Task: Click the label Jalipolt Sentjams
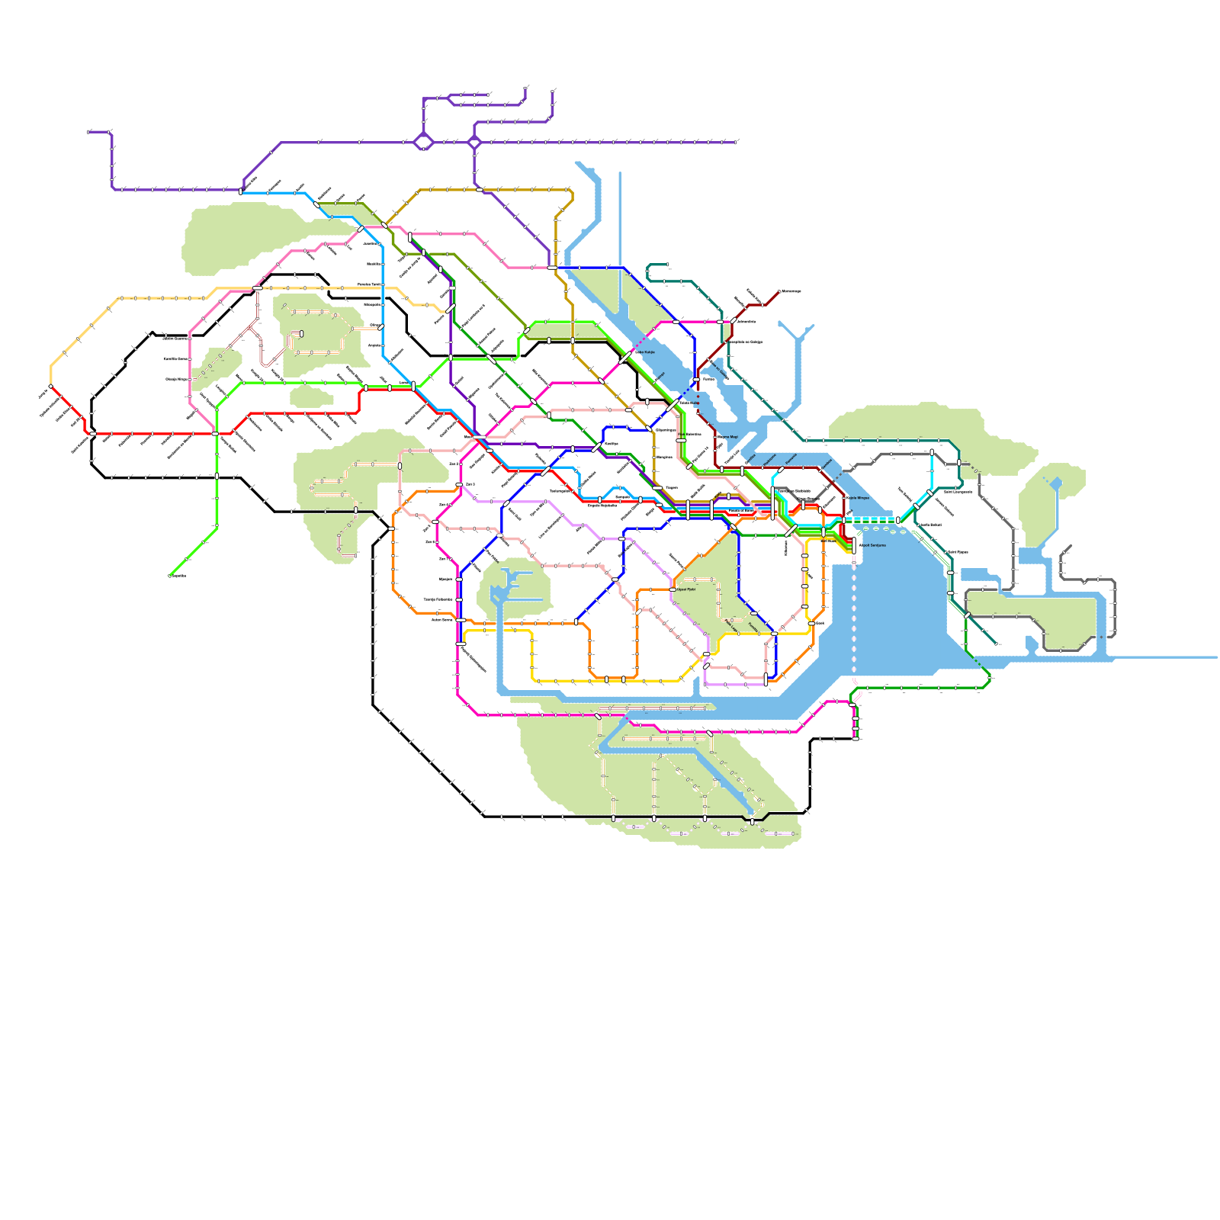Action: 872,545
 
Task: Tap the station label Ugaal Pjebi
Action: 685,589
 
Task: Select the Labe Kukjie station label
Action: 644,352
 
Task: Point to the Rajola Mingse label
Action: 857,498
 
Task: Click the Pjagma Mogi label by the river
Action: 727,437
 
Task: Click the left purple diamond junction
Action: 423,142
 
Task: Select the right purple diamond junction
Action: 474,142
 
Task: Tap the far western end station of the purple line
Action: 89,131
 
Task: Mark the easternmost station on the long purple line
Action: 736,142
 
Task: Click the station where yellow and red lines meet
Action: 51,387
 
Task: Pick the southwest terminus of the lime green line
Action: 169,576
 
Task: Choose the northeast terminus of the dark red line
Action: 779,291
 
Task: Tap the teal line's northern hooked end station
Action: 668,266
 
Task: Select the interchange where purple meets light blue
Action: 241,191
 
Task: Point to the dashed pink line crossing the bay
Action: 854,618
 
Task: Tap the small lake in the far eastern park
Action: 1056,483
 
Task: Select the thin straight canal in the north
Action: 620,229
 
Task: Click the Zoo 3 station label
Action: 470,484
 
